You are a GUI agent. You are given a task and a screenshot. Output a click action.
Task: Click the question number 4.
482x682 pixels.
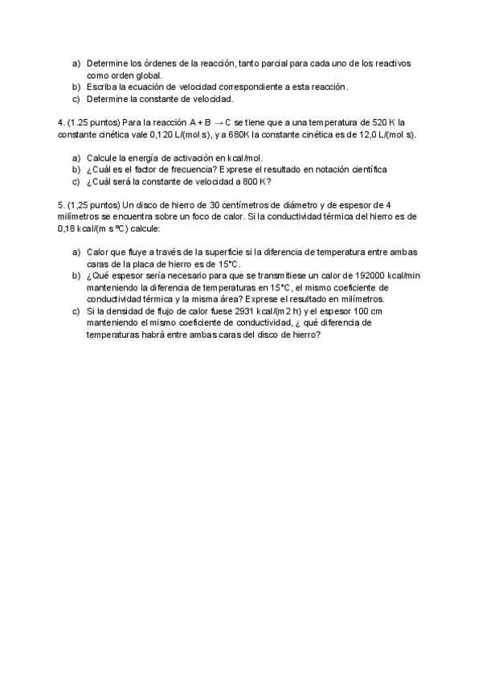click(61, 122)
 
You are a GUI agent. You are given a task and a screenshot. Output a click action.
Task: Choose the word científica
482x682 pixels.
click(367, 170)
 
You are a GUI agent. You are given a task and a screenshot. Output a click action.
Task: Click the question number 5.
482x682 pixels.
click(61, 205)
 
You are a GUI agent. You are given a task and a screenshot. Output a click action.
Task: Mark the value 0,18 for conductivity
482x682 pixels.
click(69, 228)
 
